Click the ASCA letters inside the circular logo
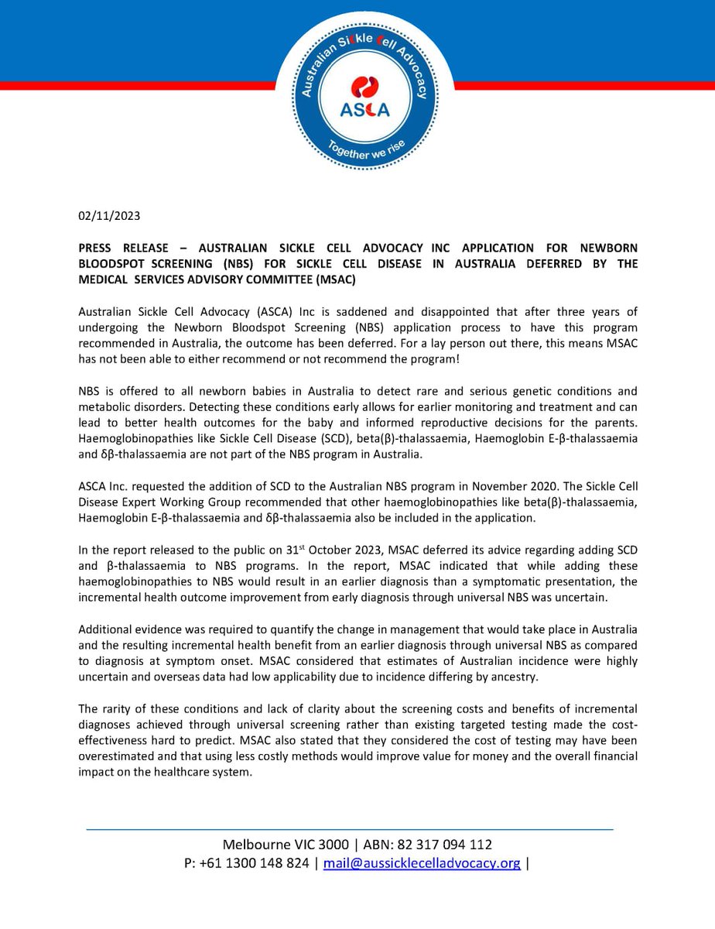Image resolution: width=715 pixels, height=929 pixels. [364, 111]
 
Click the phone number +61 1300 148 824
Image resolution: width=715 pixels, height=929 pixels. [255, 863]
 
